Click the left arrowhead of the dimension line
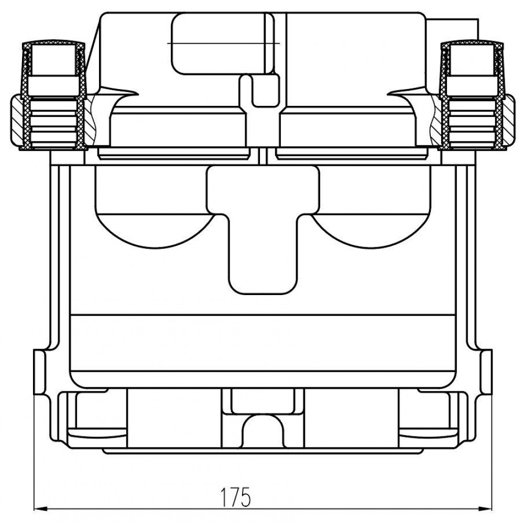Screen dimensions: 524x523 (40, 509)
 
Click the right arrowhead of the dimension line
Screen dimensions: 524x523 (486, 509)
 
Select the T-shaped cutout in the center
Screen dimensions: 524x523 (263, 230)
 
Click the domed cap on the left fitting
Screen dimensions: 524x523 (53, 45)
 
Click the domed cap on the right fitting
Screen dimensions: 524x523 (472, 45)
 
